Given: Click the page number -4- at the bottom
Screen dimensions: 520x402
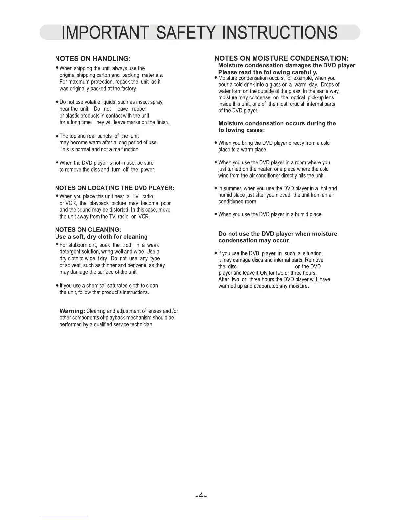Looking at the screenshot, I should pyautogui.click(x=201, y=495).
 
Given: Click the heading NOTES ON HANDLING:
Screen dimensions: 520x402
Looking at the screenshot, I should pyautogui.click(x=93, y=59).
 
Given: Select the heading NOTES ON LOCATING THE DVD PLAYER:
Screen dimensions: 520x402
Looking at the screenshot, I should pyautogui.click(x=115, y=188).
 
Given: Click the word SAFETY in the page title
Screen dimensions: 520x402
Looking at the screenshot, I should pyautogui.click(x=180, y=33).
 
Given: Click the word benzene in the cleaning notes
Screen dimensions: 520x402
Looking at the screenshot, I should pyautogui.click(x=143, y=265).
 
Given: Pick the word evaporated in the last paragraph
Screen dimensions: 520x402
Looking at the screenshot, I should pyautogui.click(x=268, y=286).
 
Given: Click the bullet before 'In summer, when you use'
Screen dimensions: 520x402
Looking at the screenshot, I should pyautogui.click(x=215, y=189).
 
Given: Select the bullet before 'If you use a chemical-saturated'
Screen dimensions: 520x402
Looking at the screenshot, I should pyautogui.click(x=57, y=286).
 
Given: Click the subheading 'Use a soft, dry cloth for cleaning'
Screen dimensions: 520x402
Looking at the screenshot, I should pyautogui.click(x=101, y=237).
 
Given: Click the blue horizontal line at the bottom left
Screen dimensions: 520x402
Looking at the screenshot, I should pyautogui.click(x=65, y=517).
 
